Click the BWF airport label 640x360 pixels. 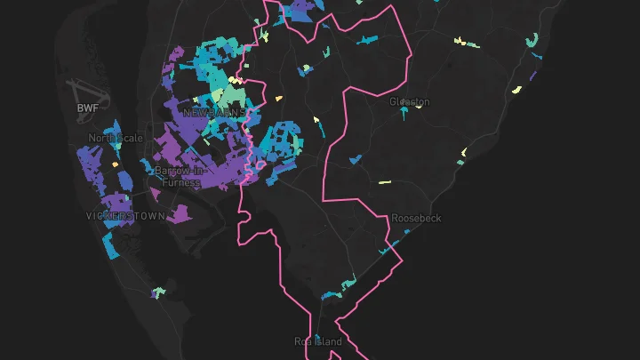(x=87, y=108)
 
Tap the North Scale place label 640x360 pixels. (x=111, y=138)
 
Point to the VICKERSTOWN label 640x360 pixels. (x=125, y=216)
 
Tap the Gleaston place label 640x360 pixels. (x=409, y=101)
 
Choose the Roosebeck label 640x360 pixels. (x=416, y=218)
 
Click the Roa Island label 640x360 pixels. (x=317, y=340)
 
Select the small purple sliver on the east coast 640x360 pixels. (x=532, y=76)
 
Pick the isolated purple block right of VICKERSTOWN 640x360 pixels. (x=180, y=213)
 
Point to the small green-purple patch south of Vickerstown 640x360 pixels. (x=158, y=292)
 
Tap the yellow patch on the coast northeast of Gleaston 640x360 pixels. (x=516, y=89)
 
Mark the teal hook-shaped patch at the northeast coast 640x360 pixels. (x=532, y=41)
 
